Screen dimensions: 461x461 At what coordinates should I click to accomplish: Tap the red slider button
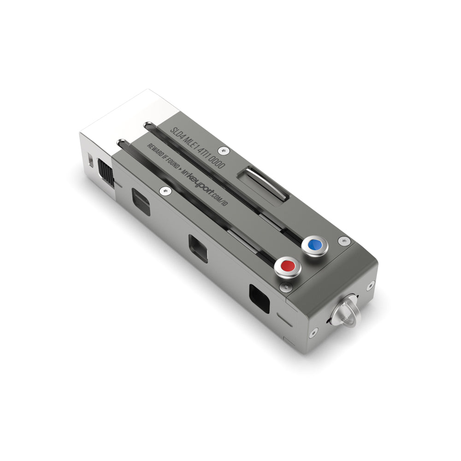tap(288, 266)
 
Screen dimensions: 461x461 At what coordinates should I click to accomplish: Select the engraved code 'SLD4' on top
tap(177, 134)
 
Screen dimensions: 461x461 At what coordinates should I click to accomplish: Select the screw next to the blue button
tap(343, 240)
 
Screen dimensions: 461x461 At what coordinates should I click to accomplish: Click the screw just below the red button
tap(284, 287)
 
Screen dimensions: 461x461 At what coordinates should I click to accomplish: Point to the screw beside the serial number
tap(224, 150)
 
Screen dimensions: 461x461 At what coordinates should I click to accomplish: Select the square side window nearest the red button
tap(259, 299)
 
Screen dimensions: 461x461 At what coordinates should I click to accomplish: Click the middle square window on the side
tap(198, 248)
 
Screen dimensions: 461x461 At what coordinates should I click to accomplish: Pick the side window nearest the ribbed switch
tap(140, 201)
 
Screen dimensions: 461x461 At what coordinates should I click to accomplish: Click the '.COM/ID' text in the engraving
tap(215, 198)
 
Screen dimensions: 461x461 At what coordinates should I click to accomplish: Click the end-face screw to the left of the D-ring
tap(314, 331)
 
